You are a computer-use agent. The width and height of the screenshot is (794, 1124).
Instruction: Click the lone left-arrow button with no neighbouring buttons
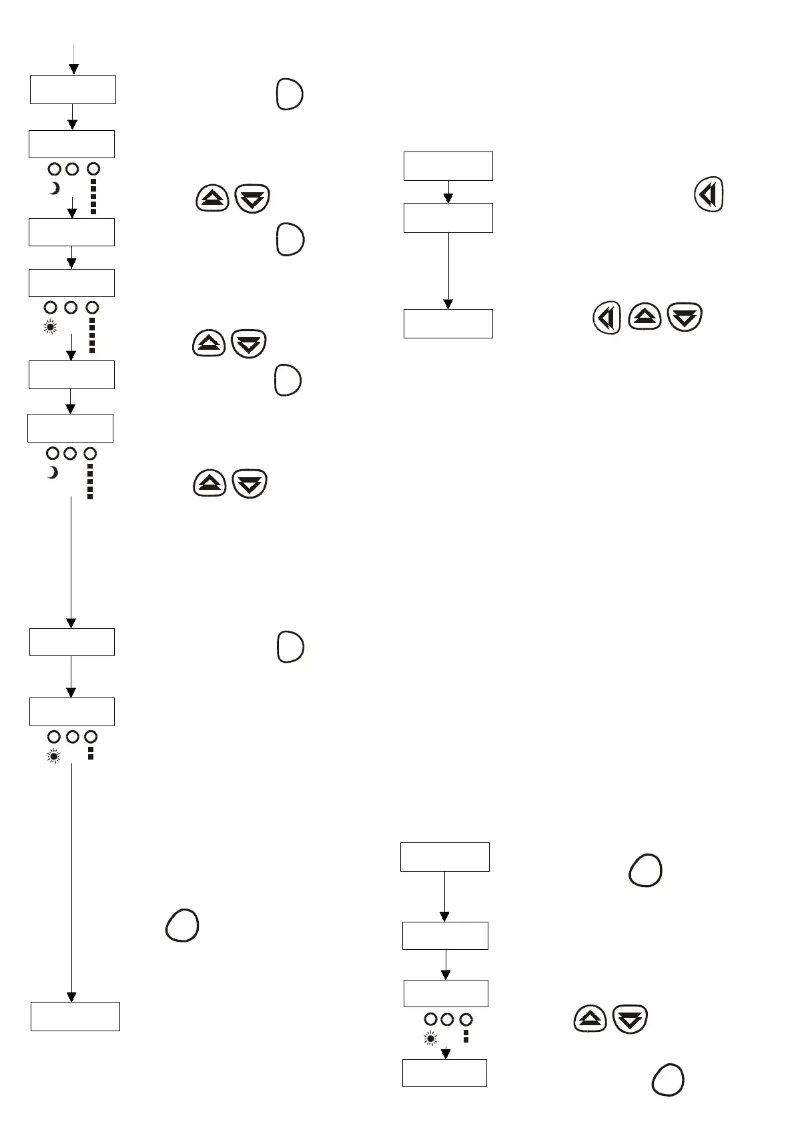pyautogui.click(x=709, y=196)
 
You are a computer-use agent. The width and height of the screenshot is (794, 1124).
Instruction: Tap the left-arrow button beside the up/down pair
pyautogui.click(x=607, y=318)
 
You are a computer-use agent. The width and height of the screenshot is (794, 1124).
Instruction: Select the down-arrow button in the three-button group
pyautogui.click(x=685, y=317)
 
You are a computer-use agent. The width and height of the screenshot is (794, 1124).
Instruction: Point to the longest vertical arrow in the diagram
pyautogui.click(x=71, y=881)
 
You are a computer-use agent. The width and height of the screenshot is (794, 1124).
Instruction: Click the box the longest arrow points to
pyautogui.click(x=75, y=1016)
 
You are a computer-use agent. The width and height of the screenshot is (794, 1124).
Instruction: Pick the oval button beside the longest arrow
pyautogui.click(x=182, y=926)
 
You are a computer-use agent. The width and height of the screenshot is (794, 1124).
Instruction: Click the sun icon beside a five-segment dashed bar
pyautogui.click(x=51, y=327)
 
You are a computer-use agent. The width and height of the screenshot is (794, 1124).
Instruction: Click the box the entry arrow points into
pyautogui.click(x=73, y=89)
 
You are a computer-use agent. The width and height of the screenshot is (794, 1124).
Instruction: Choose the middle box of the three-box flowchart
pyautogui.click(x=448, y=218)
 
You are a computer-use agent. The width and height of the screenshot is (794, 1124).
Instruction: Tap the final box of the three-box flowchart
pyautogui.click(x=448, y=323)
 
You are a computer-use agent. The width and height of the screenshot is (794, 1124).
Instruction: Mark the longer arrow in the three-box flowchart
pyautogui.click(x=448, y=270)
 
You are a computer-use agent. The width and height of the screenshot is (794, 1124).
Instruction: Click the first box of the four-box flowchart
pyautogui.click(x=444, y=856)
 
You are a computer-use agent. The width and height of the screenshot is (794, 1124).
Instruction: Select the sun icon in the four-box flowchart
pyautogui.click(x=430, y=1039)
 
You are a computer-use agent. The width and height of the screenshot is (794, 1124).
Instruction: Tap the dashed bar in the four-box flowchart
pyautogui.click(x=466, y=1036)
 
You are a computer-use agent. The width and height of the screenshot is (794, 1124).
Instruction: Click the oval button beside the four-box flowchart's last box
pyautogui.click(x=667, y=1080)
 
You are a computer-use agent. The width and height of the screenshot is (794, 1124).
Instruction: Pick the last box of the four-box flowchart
pyautogui.click(x=444, y=1073)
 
